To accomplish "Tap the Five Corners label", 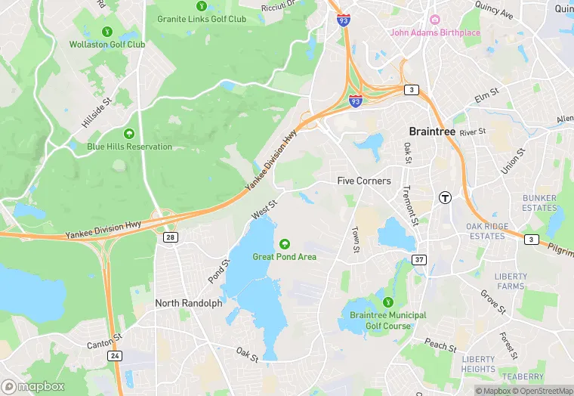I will [x=364, y=181].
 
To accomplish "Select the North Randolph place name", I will [x=189, y=303].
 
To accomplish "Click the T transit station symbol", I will [x=446, y=197].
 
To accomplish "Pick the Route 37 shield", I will [x=419, y=260].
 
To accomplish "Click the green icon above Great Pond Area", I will [x=285, y=243].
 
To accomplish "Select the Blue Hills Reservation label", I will [x=129, y=147].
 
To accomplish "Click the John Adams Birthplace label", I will [x=434, y=32].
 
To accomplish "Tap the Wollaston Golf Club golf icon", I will [x=107, y=32].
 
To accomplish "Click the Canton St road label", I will [x=105, y=336].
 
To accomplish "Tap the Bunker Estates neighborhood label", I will [x=539, y=203].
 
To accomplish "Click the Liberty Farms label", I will [x=511, y=281].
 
